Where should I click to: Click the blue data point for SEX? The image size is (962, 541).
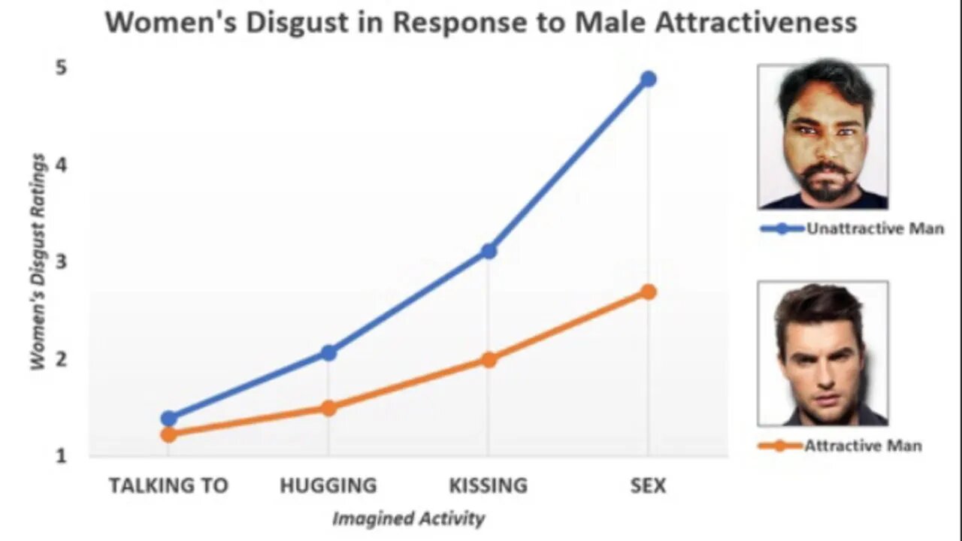click(648, 79)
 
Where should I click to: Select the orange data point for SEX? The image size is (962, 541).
click(648, 292)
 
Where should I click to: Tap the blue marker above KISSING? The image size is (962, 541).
click(489, 250)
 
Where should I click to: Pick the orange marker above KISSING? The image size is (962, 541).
click(489, 359)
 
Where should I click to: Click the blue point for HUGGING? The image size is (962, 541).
click(328, 352)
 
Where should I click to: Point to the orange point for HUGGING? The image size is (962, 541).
click(328, 408)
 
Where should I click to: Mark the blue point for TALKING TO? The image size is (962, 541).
click(169, 419)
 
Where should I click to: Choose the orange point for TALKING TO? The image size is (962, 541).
click(169, 434)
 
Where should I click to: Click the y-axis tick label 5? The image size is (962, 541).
click(60, 68)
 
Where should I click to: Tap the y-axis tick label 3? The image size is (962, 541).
click(60, 261)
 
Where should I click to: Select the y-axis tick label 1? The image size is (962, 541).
click(60, 455)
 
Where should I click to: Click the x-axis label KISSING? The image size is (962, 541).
click(489, 485)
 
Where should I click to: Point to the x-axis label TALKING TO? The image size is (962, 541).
click(168, 485)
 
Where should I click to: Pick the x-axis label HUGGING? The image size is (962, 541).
click(328, 485)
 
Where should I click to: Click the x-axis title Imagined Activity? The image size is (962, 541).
click(408, 518)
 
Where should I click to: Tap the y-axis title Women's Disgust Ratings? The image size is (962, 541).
click(38, 261)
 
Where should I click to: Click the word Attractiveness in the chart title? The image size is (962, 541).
click(756, 22)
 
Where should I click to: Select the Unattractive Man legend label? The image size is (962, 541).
click(875, 228)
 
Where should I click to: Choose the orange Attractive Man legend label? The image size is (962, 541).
click(863, 446)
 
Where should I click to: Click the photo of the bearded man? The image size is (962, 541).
click(823, 136)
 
